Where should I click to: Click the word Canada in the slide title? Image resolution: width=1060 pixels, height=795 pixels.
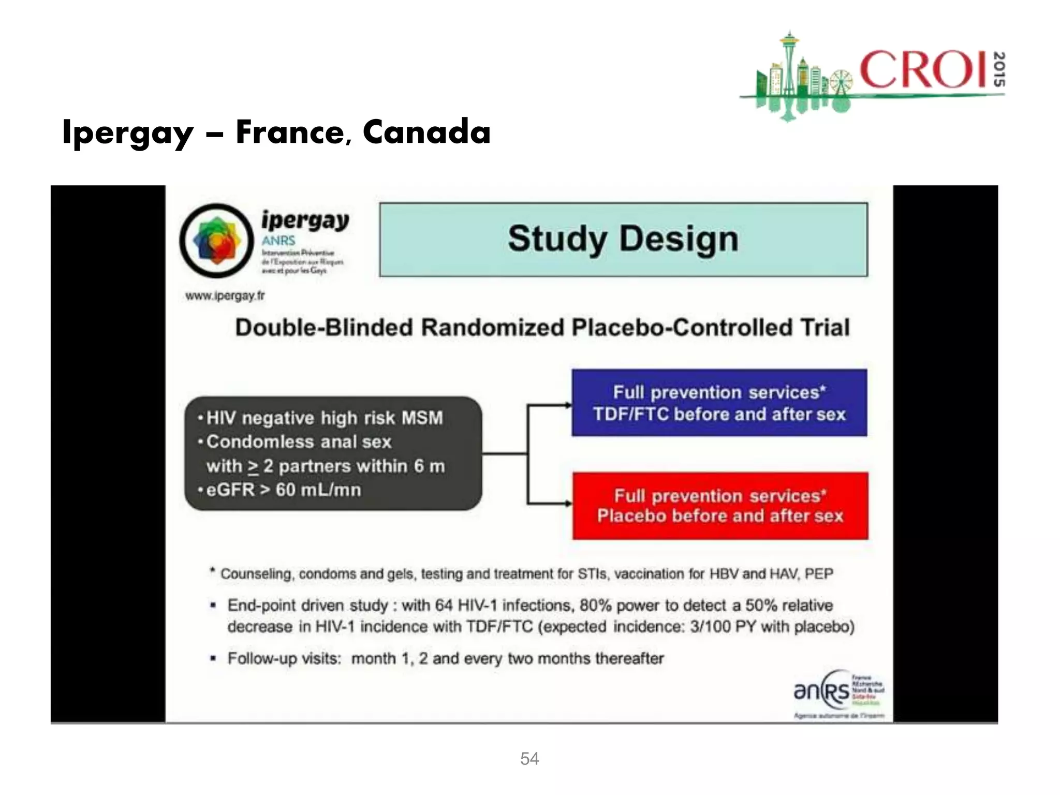pos(426,132)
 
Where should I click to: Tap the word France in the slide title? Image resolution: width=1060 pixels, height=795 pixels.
pos(290,132)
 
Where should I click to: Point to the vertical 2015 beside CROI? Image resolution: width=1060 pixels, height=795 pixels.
pos(999,69)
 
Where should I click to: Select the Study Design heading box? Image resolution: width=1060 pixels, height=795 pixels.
pos(623,240)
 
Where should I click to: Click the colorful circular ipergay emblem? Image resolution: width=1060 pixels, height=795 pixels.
pos(217,241)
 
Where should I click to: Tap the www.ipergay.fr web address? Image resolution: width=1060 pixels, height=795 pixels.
pos(225,296)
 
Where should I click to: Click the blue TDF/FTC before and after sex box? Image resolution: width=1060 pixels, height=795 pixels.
pos(719,403)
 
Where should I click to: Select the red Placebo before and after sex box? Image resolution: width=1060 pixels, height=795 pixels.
pos(720,506)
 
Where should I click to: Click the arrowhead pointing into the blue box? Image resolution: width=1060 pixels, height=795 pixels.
pos(567,405)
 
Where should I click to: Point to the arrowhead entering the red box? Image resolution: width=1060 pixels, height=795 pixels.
pos(568,503)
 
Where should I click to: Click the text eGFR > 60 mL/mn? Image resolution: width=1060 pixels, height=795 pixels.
pos(284,490)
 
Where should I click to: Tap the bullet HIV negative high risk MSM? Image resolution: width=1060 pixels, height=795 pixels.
pos(324,418)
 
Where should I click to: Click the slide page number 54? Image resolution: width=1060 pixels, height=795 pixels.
pos(529,759)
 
